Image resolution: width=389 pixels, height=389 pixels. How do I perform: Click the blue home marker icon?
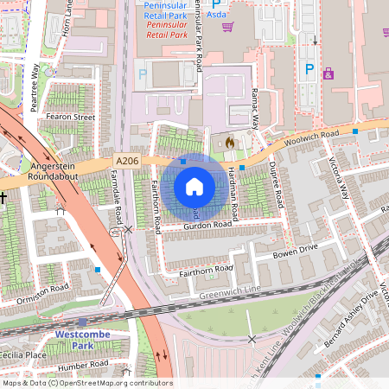(x=194, y=187)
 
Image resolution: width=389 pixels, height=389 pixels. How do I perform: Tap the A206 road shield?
(x=126, y=161)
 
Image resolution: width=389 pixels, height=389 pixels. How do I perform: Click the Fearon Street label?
(x=70, y=116)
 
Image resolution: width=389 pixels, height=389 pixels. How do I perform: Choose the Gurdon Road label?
(x=208, y=224)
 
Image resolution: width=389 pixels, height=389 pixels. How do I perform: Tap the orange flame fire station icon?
(x=229, y=142)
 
